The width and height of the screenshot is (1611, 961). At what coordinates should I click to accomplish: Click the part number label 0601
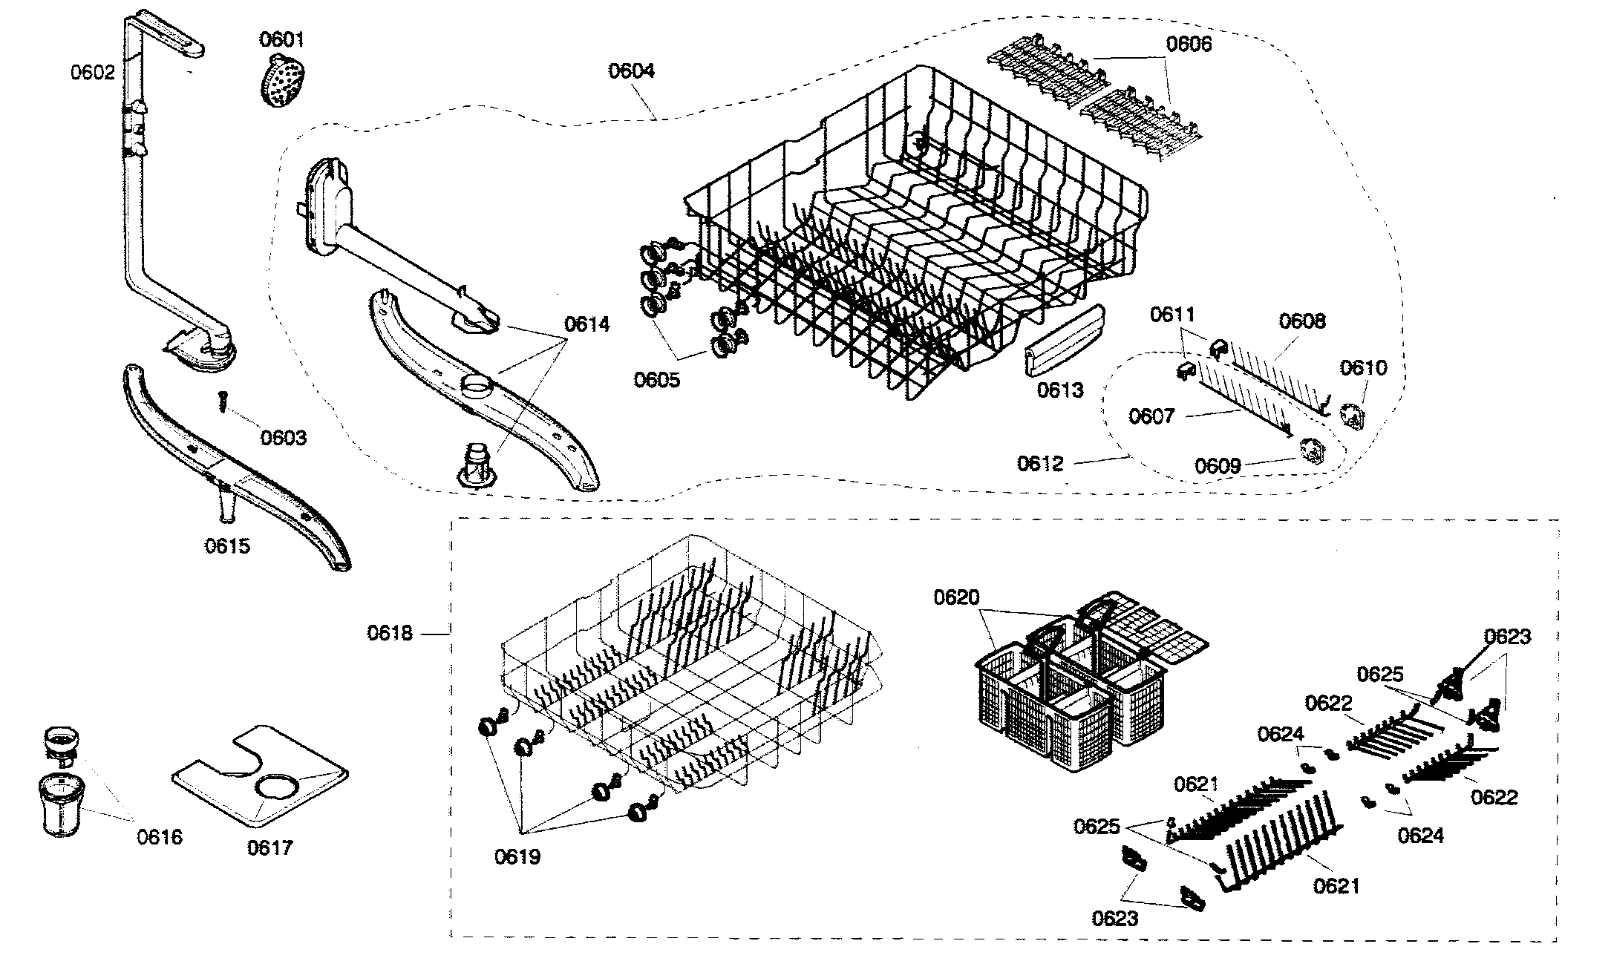(281, 39)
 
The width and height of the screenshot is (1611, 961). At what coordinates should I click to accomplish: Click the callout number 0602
(93, 72)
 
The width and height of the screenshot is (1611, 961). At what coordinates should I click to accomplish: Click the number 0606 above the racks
(1188, 44)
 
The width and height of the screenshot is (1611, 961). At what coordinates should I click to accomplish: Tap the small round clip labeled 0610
(1355, 417)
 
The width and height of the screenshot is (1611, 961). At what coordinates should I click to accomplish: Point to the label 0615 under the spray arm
(227, 546)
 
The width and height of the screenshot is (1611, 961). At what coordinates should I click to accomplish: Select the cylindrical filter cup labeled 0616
(59, 805)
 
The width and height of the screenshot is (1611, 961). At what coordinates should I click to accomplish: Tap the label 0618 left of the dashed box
(390, 633)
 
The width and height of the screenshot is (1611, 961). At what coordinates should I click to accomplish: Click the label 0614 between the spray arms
(586, 324)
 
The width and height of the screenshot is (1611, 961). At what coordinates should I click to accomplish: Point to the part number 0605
(656, 380)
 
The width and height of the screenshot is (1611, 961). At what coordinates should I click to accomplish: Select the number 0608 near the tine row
(1301, 321)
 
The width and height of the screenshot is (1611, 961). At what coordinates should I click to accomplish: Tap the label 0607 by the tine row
(1151, 416)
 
